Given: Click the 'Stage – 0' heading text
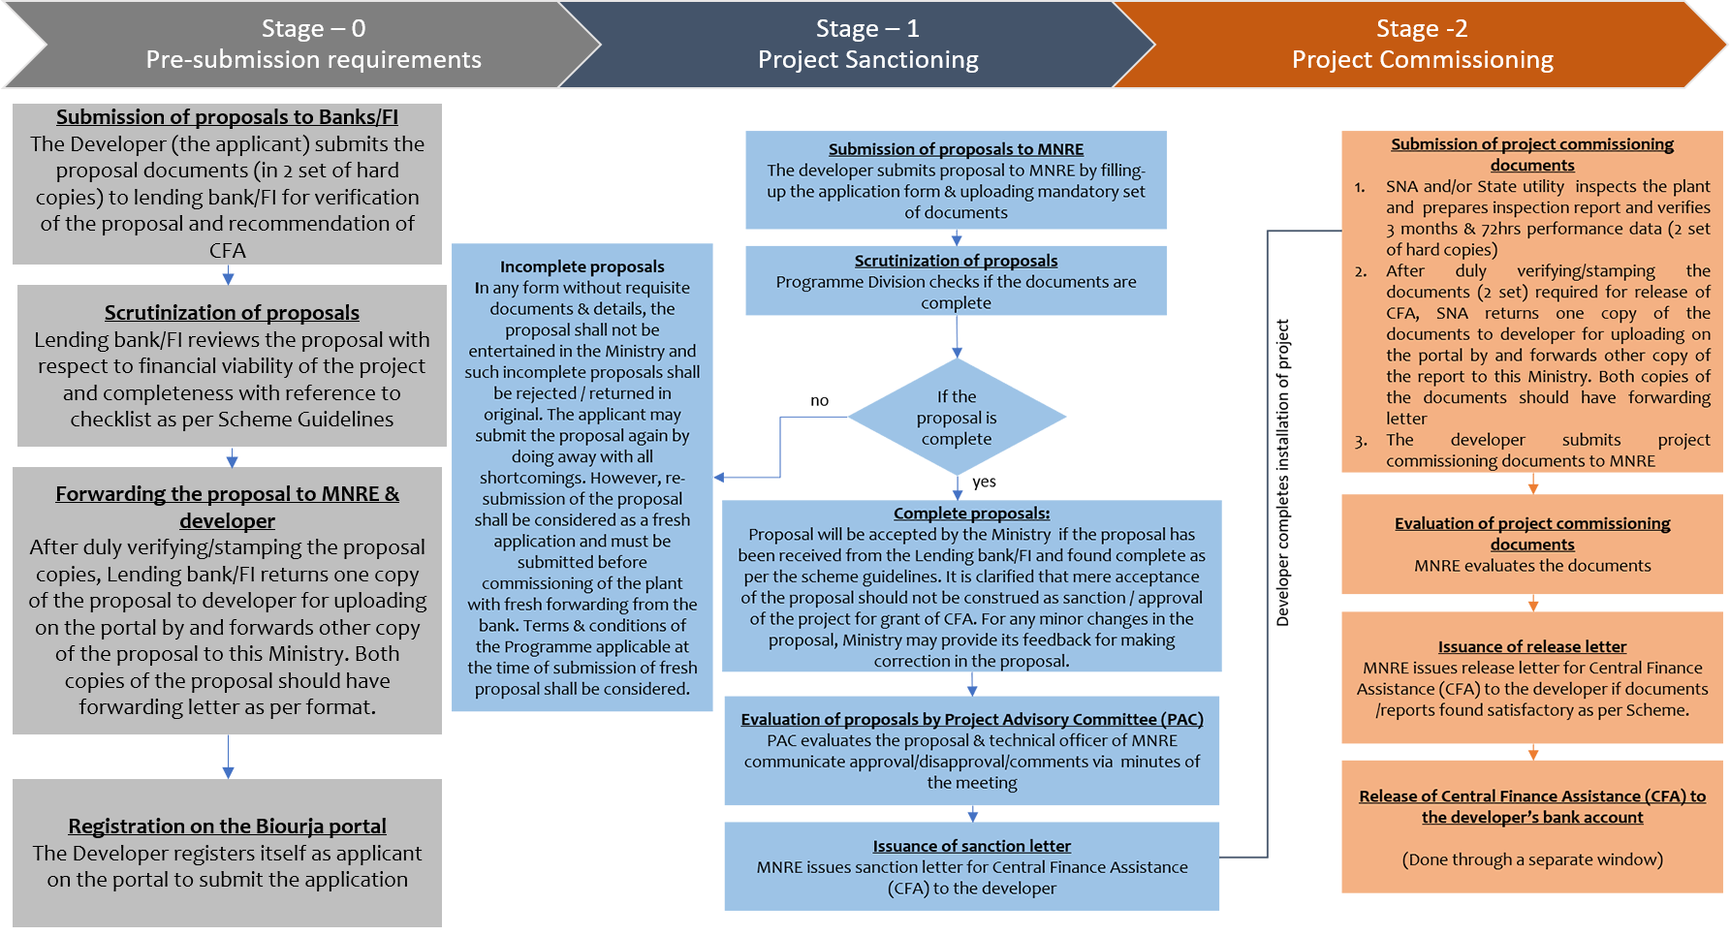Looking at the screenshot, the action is click(313, 29).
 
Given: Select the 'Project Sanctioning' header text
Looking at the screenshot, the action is click(867, 60).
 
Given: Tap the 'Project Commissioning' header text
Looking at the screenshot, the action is click(1422, 60).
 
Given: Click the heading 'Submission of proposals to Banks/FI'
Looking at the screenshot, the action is click(227, 117).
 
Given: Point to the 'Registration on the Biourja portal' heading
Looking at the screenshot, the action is click(227, 827).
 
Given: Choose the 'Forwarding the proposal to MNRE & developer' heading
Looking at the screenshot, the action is click(227, 507).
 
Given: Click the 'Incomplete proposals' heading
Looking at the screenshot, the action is click(582, 266).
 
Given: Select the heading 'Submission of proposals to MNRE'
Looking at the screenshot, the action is click(956, 149).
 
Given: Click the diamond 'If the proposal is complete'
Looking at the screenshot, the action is click(957, 418).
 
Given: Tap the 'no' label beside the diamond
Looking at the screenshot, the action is click(819, 400).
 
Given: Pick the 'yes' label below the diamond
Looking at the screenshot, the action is click(984, 482).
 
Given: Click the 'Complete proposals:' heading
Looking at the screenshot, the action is click(971, 514).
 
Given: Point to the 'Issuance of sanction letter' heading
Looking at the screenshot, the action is click(971, 846).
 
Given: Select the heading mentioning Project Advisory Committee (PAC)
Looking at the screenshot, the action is click(972, 719).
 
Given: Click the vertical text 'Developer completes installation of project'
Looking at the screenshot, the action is click(1282, 473).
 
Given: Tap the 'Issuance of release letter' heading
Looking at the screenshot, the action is click(1532, 646).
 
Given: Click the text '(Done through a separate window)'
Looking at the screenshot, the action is click(1532, 859).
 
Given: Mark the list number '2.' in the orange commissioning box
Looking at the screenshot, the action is click(1361, 271).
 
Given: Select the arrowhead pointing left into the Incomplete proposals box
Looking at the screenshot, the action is click(719, 477).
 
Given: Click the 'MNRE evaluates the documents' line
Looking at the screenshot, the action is click(1532, 566).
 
